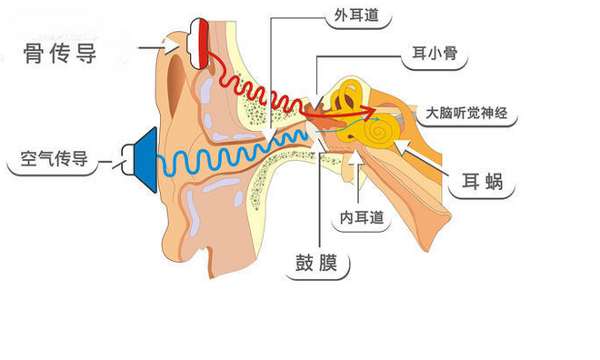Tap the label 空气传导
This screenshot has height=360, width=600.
[54, 161]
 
